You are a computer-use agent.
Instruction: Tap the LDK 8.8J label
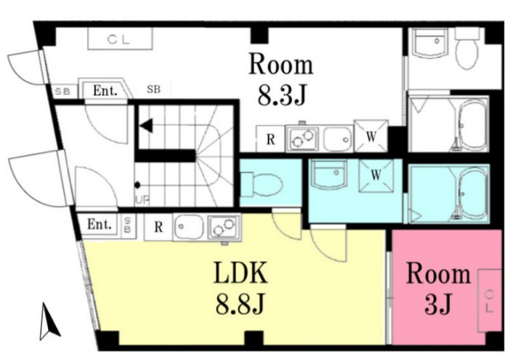[241, 287]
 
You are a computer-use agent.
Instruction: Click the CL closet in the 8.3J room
[120, 39]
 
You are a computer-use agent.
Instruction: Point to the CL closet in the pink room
[489, 300]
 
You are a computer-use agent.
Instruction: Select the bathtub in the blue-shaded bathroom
[472, 193]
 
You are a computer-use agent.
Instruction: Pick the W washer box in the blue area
[376, 175]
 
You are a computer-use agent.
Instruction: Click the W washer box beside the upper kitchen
[371, 136]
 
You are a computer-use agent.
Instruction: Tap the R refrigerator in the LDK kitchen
[158, 227]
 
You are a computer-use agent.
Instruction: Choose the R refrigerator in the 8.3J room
[270, 140]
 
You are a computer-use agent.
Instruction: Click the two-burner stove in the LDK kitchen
[223, 228]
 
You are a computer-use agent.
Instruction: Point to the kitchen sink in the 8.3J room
[338, 139]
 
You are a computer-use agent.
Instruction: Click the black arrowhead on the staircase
[146, 126]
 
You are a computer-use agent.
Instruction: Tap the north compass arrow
[49, 321]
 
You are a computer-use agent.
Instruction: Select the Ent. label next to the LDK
[99, 225]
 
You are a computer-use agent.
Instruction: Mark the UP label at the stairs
[142, 200]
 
